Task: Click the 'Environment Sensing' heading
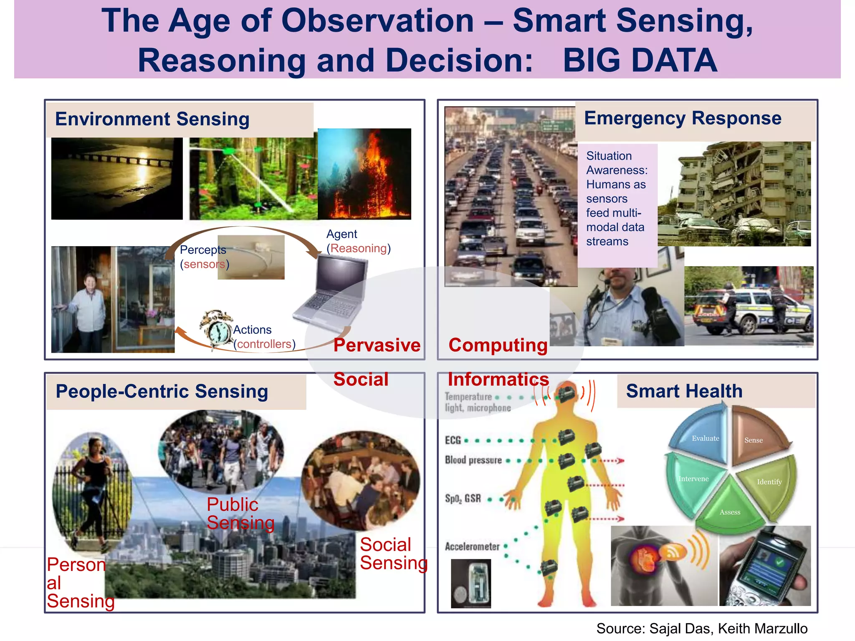point(152,119)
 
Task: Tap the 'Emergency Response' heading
point(682,119)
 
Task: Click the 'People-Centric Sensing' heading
point(162,391)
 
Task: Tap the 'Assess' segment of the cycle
point(730,509)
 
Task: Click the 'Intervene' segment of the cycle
point(691,480)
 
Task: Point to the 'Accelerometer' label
point(472,546)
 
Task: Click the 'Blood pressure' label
point(473,460)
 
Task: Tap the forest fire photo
point(364,174)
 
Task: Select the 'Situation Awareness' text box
point(617,199)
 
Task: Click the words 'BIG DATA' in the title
point(640,61)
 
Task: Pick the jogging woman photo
point(92,492)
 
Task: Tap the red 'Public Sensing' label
point(240,514)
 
